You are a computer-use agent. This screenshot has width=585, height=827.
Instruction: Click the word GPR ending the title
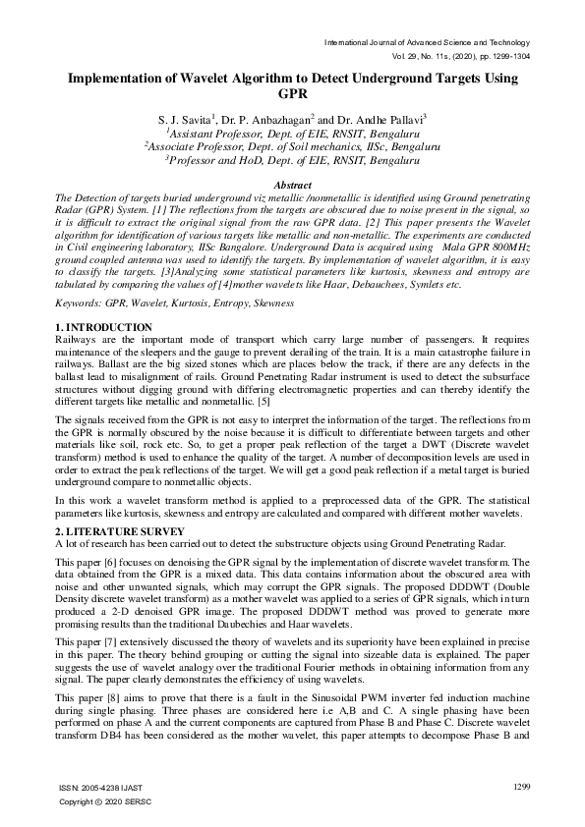click(x=292, y=94)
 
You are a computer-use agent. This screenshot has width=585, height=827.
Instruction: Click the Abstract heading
click(x=292, y=185)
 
